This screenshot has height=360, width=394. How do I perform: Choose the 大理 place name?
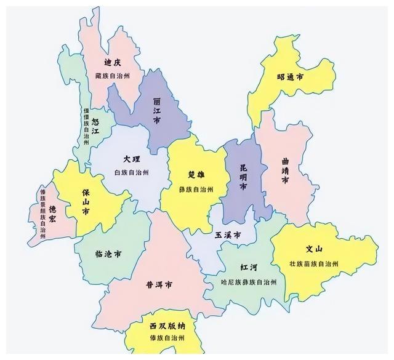[x=132, y=159]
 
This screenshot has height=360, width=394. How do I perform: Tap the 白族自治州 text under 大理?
[x=132, y=172]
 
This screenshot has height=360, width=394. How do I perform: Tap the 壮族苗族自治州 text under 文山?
[x=314, y=263]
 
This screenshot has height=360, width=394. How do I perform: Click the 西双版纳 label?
[x=167, y=325]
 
